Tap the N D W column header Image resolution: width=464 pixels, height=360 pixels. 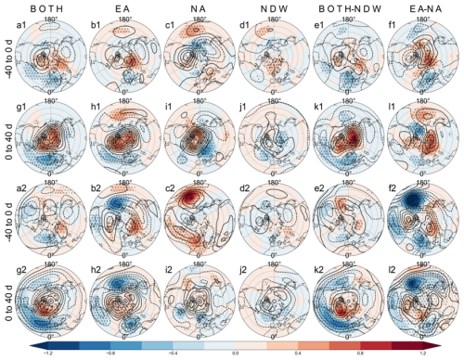pyautogui.click(x=270, y=6)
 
